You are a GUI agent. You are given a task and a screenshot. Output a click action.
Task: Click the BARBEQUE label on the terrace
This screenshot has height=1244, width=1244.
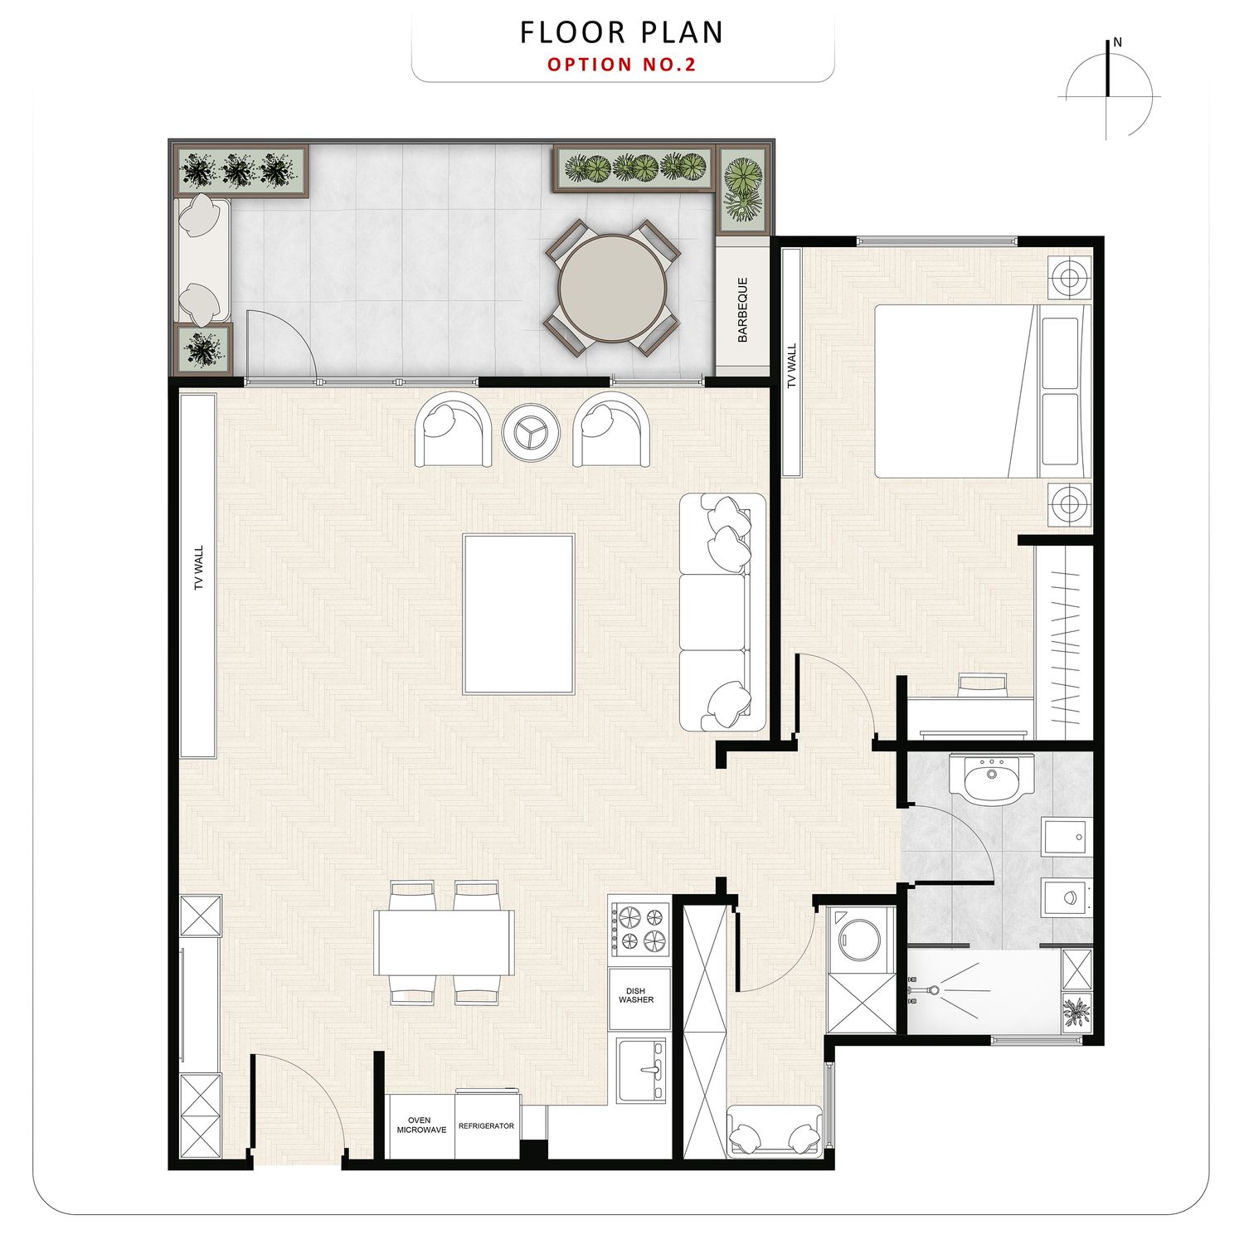tap(742, 310)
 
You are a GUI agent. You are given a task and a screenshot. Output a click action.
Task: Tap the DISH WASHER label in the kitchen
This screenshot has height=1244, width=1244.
tap(636, 995)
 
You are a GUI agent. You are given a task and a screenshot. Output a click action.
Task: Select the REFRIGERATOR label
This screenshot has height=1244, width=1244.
tap(486, 1126)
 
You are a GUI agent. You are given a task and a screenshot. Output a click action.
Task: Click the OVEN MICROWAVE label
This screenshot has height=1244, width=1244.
tap(421, 1125)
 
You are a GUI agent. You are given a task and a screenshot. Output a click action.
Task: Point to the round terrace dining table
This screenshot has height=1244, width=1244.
tap(613, 289)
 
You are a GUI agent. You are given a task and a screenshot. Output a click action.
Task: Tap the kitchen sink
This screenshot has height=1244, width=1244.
tap(641, 1071)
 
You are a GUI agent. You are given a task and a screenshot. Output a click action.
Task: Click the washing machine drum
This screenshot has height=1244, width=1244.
tap(860, 935)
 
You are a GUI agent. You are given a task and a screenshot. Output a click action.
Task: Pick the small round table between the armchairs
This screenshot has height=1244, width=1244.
tap(531, 430)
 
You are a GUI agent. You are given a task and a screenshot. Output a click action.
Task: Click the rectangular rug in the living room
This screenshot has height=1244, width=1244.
tap(518, 614)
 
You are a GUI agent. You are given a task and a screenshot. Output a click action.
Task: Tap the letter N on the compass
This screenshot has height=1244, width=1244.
tap(1117, 42)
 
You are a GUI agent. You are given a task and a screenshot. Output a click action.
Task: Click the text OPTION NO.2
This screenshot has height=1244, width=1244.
tap(622, 64)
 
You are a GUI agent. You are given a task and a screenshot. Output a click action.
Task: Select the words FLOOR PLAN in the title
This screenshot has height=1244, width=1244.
tap(622, 32)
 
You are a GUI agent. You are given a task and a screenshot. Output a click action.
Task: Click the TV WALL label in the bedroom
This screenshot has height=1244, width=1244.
tap(791, 366)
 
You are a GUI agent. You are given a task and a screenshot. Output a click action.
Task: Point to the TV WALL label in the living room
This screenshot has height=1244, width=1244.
tap(198, 567)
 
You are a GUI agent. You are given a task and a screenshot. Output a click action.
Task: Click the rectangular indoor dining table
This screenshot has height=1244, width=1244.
tap(444, 943)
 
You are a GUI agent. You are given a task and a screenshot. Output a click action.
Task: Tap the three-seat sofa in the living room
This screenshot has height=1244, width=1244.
tap(722, 612)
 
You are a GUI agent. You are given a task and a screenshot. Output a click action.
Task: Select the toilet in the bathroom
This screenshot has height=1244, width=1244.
tap(1067, 898)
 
